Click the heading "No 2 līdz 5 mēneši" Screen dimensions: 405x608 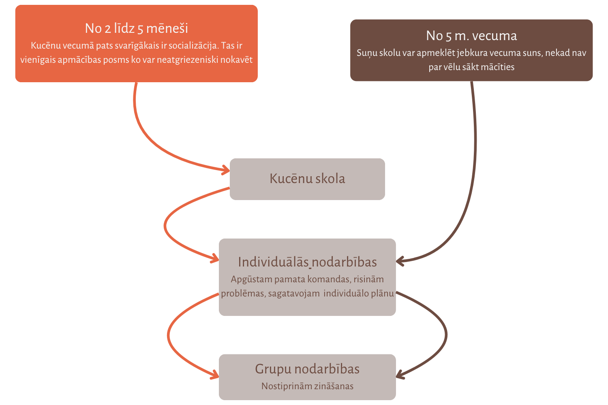coord(136,28)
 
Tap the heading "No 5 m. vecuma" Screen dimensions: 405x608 coord(471,36)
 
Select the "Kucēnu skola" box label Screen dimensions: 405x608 coord(307,179)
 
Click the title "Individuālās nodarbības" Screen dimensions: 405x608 coord(307,262)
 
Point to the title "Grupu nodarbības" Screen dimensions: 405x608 coord(307,369)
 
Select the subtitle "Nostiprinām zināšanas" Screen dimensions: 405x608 coord(307,386)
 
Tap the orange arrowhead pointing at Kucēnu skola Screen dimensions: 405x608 coord(225,170)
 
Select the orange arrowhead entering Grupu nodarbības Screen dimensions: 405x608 coord(214,375)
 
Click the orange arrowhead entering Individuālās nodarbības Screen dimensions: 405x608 coord(214,258)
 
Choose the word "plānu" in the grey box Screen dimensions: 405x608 coord(383,293)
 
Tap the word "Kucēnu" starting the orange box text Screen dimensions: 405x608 coord(46,45)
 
